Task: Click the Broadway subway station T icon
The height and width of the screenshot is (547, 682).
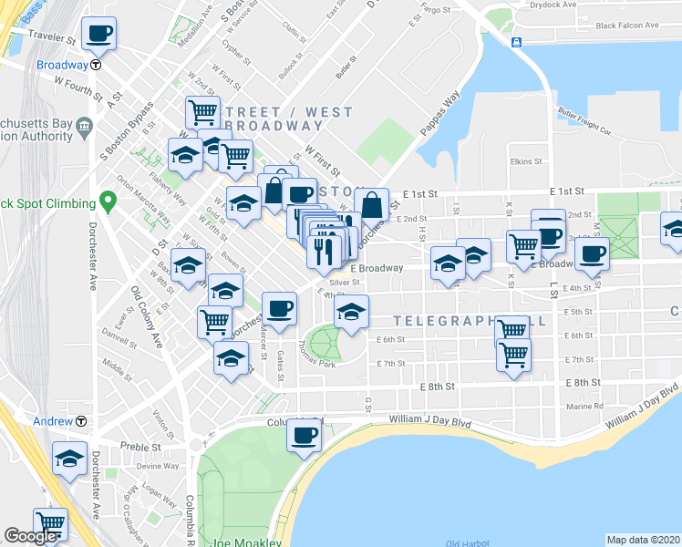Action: coord(96,66)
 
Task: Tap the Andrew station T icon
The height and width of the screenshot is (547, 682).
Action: coord(81,421)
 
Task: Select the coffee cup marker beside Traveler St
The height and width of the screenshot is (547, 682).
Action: coord(98,35)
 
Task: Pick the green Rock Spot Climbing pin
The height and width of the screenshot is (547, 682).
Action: coord(108,201)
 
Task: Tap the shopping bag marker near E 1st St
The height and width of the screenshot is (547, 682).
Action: coord(372,205)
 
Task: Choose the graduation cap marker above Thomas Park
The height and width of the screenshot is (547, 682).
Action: coord(350,313)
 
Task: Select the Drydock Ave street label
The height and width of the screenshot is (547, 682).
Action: coord(555,5)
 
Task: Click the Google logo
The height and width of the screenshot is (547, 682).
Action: coord(30,536)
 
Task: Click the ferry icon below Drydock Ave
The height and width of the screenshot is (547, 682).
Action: coord(517,42)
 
